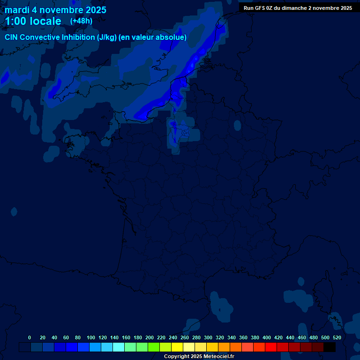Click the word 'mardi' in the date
(x=17, y=10)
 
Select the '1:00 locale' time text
(x=33, y=21)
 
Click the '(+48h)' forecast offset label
(x=81, y=21)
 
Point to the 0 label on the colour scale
(x=30, y=337)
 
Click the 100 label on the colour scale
(x=91, y=337)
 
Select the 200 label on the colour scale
(x=150, y=337)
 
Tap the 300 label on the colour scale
(x=208, y=337)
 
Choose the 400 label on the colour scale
(x=267, y=337)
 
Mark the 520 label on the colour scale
(x=337, y=337)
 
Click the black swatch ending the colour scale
(x=330, y=347)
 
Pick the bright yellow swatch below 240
(x=177, y=347)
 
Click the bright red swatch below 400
(x=271, y=347)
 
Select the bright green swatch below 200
(x=154, y=347)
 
